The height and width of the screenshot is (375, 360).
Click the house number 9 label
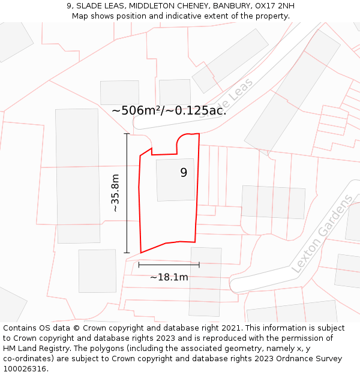(x=184, y=173)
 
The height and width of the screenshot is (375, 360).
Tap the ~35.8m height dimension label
(x=115, y=193)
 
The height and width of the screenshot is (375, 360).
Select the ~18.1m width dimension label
(x=169, y=277)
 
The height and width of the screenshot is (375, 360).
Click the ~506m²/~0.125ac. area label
(x=169, y=110)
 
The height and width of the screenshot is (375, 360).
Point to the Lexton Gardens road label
(x=323, y=234)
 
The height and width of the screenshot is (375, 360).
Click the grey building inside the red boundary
(x=175, y=180)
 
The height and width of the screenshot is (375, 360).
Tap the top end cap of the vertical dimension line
(x=127, y=134)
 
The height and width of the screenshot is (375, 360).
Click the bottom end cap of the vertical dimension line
(x=127, y=253)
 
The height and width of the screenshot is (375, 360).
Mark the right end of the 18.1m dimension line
(x=199, y=264)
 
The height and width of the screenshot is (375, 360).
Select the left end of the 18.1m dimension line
(x=139, y=264)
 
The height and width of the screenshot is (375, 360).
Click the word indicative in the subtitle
(x=179, y=16)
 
